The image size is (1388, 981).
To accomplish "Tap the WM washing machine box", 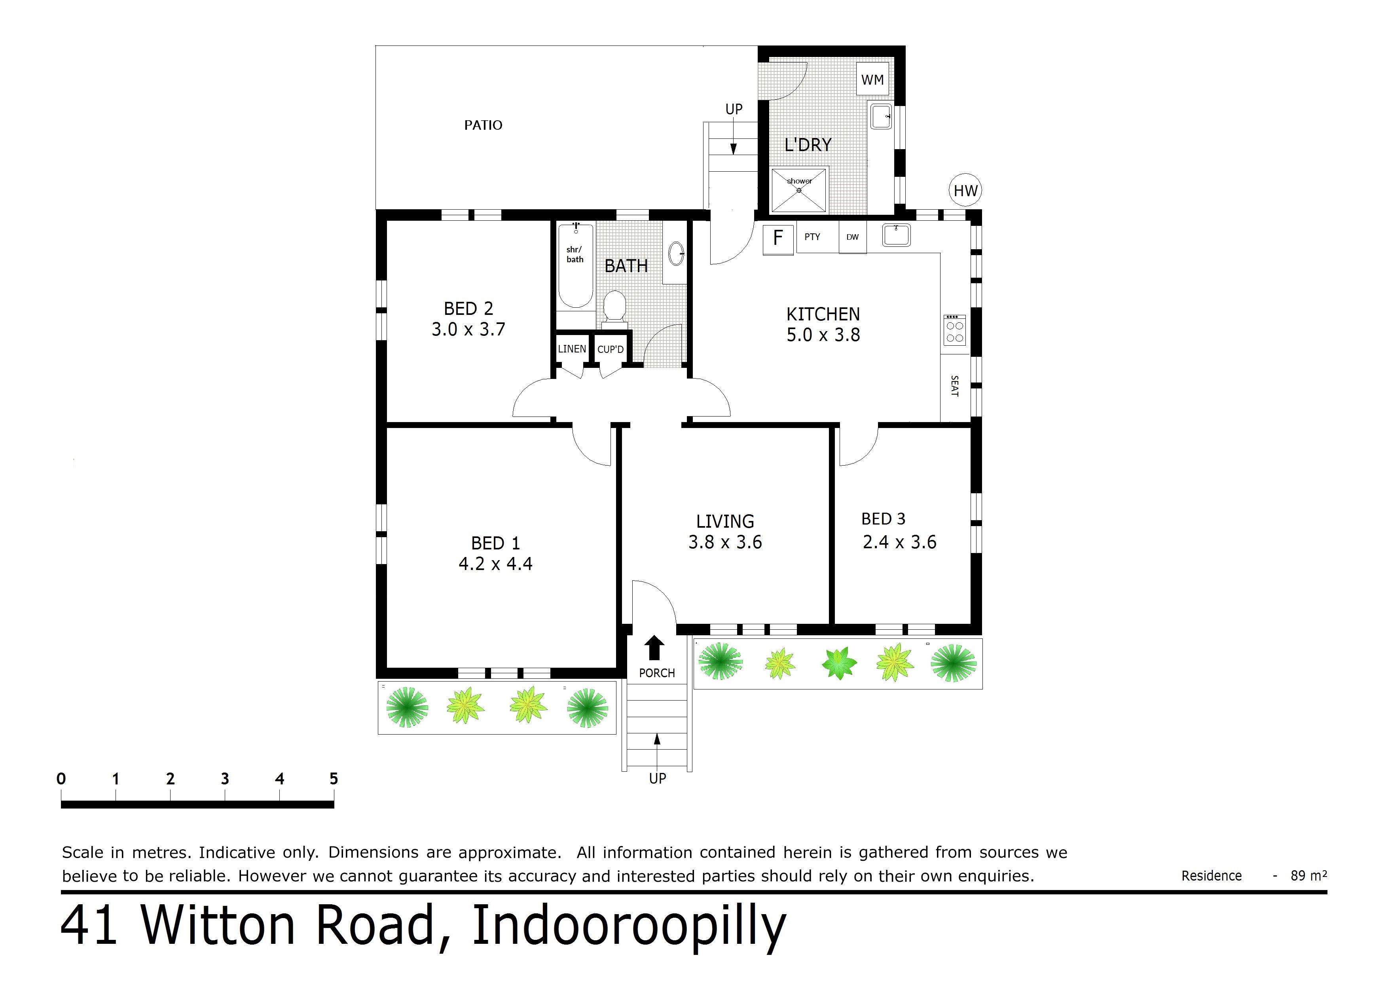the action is (x=872, y=79).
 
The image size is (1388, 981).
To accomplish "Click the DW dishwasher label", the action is (x=852, y=237).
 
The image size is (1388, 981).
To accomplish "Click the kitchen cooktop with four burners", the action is (x=955, y=330).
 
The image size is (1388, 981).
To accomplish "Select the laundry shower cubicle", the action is (x=798, y=190).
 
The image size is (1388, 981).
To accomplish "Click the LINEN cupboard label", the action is (x=571, y=349).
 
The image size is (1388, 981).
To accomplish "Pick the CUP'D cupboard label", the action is (x=610, y=349).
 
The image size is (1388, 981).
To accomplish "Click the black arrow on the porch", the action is (x=654, y=648).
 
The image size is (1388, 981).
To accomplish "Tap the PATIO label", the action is (x=483, y=125).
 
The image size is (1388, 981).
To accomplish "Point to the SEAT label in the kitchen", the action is (x=955, y=386).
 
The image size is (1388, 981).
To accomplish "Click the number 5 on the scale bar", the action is (x=333, y=778).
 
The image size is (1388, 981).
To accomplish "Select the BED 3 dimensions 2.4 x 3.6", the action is (x=899, y=542).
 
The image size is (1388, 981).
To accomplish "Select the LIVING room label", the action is (x=725, y=521).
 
